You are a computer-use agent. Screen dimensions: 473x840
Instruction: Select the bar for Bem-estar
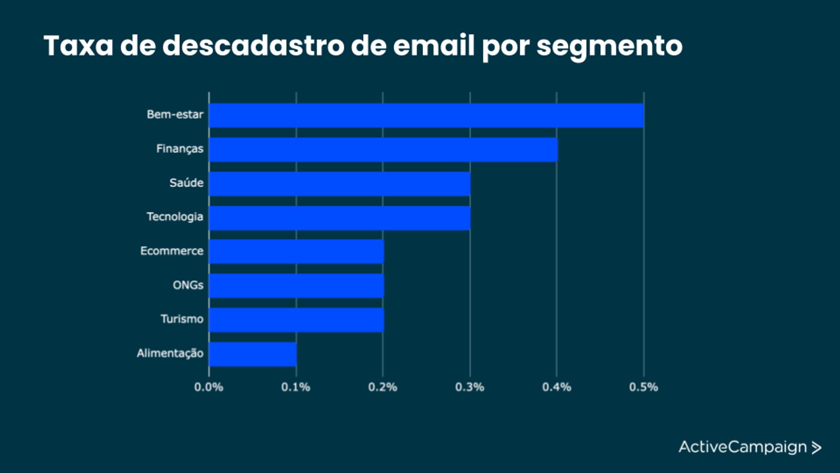click(427, 116)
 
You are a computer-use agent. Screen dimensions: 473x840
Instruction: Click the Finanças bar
click(383, 150)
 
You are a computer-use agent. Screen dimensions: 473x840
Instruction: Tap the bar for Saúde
click(339, 184)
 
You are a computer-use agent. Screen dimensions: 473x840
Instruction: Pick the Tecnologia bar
click(339, 218)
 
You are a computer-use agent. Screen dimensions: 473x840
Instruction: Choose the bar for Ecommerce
click(296, 252)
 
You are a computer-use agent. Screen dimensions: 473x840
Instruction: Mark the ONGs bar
click(296, 286)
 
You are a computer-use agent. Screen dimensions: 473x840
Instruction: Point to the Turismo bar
click(296, 320)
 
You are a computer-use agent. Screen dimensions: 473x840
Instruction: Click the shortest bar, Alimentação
click(253, 354)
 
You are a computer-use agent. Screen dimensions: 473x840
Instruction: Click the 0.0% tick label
click(209, 387)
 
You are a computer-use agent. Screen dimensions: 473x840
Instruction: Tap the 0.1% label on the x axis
click(296, 387)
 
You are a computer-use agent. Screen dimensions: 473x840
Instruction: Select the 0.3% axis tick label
click(469, 387)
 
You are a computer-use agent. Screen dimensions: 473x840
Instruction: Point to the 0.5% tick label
click(644, 387)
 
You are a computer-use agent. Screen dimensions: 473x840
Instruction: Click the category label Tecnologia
click(175, 217)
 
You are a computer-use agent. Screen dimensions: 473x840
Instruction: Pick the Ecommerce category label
click(172, 251)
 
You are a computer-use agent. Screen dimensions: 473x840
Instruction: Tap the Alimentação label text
click(170, 353)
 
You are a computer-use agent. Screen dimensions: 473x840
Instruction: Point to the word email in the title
click(434, 46)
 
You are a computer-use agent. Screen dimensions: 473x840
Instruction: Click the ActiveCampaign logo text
click(742, 447)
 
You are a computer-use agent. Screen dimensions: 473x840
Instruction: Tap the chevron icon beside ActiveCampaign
click(816, 448)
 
